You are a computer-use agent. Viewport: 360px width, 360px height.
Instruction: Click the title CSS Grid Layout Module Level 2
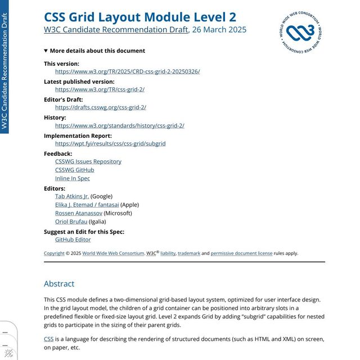pyautogui.click(x=140, y=17)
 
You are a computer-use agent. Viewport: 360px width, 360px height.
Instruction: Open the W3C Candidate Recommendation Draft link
pyautogui.click(x=116, y=30)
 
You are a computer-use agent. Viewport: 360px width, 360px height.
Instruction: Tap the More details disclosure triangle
pyautogui.click(x=46, y=51)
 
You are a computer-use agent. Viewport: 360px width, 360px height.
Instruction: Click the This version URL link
pyautogui.click(x=127, y=71)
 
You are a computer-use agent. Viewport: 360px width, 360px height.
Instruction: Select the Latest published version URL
pyautogui.click(x=100, y=89)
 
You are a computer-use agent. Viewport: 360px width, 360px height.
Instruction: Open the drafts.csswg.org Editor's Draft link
pyautogui.click(x=101, y=107)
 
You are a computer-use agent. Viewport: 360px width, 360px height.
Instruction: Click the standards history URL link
pyautogui.click(x=119, y=125)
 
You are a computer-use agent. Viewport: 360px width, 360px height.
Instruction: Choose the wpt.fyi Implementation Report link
pyautogui.click(x=110, y=143)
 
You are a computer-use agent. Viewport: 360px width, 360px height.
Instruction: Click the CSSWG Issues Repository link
pyautogui.click(x=88, y=161)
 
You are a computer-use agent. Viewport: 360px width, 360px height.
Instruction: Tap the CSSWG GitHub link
pyautogui.click(x=75, y=170)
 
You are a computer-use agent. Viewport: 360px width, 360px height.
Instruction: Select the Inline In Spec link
pyautogui.click(x=73, y=178)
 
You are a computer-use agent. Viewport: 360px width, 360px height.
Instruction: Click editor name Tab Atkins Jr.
pyautogui.click(x=72, y=196)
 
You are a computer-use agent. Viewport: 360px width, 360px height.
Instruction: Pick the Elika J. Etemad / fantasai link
pyautogui.click(x=87, y=205)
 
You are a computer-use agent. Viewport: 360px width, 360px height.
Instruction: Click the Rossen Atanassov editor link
pyautogui.click(x=79, y=213)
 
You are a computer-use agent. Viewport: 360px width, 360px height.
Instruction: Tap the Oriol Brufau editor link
pyautogui.click(x=71, y=222)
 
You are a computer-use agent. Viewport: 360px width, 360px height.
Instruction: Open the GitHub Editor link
pyautogui.click(x=73, y=240)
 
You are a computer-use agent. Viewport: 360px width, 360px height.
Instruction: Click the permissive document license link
pyautogui.click(x=241, y=253)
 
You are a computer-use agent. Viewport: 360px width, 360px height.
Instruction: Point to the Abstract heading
pyautogui.click(x=59, y=284)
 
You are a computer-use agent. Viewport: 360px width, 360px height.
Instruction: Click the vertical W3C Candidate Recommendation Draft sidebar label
pyautogui.click(x=5, y=70)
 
